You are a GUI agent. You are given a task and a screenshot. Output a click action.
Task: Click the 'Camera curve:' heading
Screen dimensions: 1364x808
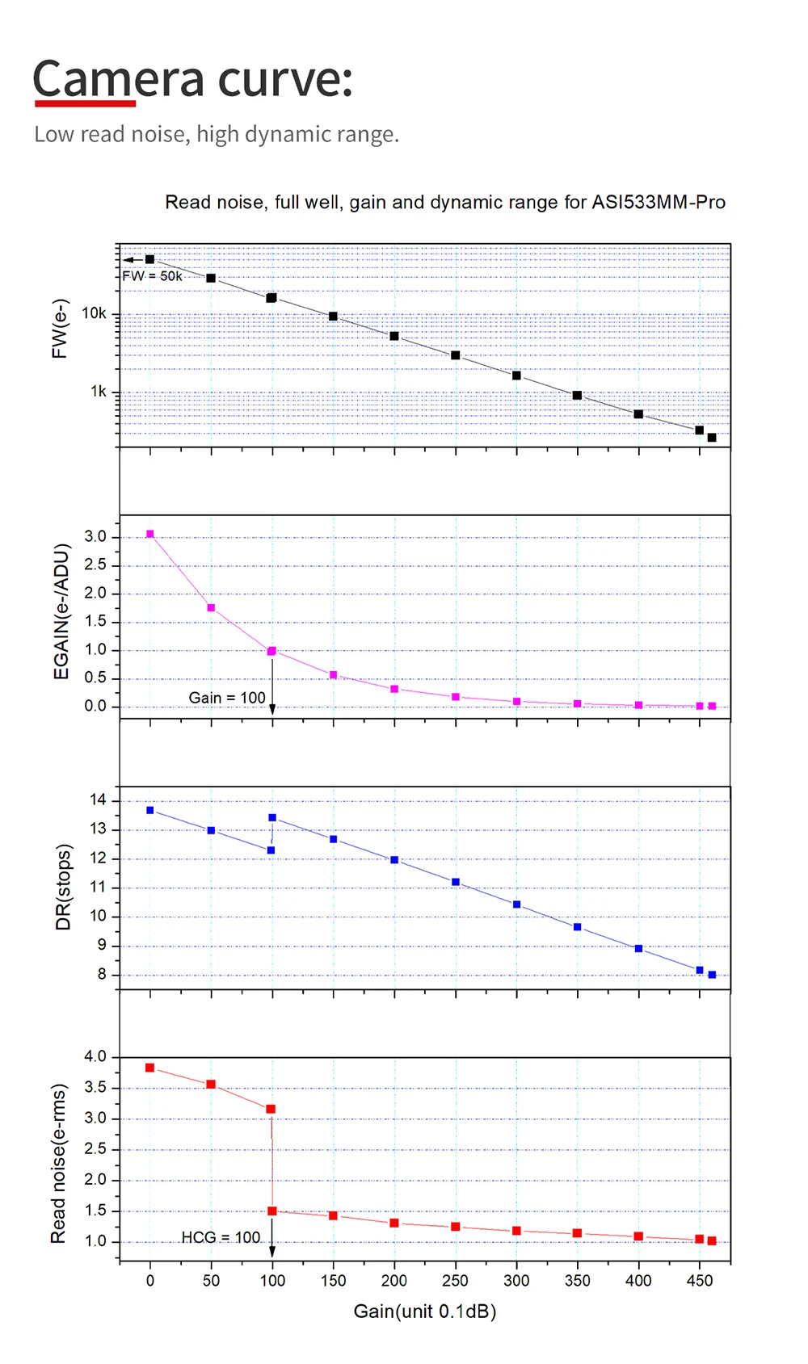pos(192,79)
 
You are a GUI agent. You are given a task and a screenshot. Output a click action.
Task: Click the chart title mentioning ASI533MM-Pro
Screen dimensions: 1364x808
pos(445,202)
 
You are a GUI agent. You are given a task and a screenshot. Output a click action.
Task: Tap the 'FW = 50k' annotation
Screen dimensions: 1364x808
pos(153,276)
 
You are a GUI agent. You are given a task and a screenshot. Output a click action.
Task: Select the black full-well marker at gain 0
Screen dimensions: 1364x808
pos(149,259)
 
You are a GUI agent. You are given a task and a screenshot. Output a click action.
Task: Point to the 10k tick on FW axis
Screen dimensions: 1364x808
pos(94,313)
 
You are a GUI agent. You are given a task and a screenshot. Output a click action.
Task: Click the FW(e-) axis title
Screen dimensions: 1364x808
pos(60,329)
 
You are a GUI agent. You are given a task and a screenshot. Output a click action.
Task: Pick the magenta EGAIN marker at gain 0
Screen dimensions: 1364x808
pos(149,534)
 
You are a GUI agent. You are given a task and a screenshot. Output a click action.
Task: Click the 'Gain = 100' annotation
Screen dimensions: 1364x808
pos(227,698)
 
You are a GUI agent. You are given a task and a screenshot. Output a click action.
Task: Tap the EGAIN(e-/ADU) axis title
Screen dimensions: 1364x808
pos(61,611)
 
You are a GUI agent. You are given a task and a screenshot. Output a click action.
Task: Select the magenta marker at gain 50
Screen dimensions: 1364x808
pos(211,608)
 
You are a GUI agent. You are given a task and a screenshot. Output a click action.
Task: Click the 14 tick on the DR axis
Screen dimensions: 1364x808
pos(98,800)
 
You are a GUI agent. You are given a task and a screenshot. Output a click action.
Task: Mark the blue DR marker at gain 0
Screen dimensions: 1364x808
pos(149,810)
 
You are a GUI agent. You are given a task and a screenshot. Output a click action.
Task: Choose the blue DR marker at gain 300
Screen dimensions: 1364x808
pos(516,904)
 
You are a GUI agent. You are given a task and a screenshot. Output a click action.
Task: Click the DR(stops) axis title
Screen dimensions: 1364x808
pos(63,887)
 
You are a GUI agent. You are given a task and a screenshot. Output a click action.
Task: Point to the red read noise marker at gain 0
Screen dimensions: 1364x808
pos(149,1068)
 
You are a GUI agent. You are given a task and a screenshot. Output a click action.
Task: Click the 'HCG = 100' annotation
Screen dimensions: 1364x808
pos(221,1237)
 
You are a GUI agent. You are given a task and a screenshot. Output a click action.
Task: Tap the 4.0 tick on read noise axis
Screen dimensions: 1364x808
pos(95,1056)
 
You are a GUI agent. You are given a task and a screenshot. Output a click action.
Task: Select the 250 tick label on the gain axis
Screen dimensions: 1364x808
pos(455,1281)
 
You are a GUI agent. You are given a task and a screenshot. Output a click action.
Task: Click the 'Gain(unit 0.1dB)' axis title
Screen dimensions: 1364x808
pos(425,1312)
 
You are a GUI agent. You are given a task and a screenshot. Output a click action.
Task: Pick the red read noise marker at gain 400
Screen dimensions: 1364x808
pos(638,1236)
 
